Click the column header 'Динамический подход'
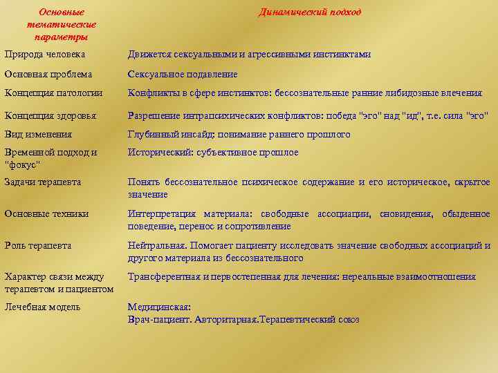310,12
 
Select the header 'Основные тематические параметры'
62,24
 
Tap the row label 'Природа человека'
45,54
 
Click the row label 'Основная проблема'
48,74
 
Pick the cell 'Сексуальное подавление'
183,74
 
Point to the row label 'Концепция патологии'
53,93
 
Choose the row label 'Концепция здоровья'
50,115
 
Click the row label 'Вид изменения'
38,134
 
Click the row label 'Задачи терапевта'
42,182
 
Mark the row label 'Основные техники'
46,214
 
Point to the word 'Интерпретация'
162,214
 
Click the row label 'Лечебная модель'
42,307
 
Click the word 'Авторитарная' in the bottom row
225,320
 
